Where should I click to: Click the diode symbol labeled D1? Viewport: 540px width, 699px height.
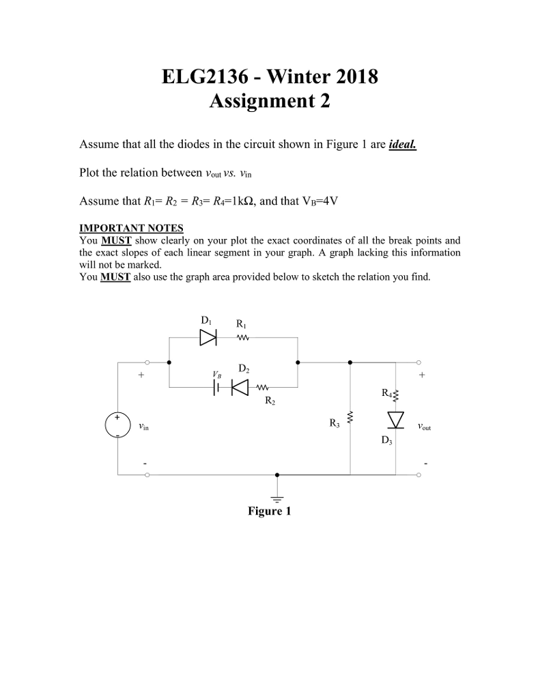tap(208, 337)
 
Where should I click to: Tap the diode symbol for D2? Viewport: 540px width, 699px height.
tap(240, 387)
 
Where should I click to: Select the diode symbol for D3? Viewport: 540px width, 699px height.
tap(396, 418)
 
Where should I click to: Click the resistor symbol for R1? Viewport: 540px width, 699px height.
tap(243, 337)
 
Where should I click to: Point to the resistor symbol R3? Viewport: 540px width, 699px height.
tap(350, 418)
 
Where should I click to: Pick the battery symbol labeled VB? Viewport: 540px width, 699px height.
tap(216, 387)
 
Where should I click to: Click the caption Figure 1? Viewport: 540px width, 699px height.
tap(269, 511)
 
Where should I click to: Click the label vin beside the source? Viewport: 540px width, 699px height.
tap(142, 426)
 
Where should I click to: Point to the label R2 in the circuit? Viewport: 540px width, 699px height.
tap(270, 401)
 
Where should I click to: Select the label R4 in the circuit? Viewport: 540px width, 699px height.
tap(387, 393)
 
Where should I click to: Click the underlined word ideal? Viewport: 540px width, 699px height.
tap(401, 145)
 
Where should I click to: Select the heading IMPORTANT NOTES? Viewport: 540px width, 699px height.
tap(131, 228)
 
